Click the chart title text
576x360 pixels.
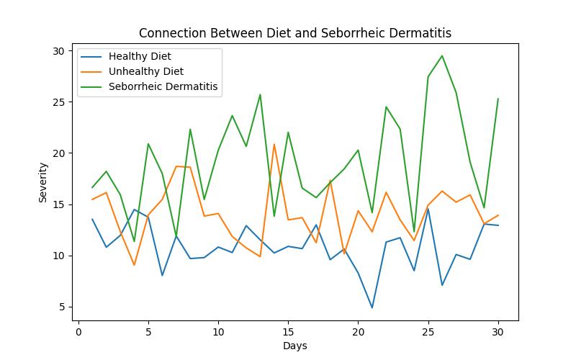[x=295, y=33]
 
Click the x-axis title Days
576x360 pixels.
[x=295, y=346]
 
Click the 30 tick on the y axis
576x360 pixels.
[x=57, y=51]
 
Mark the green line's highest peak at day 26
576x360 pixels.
[x=442, y=55]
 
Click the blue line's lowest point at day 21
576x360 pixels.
[x=372, y=308]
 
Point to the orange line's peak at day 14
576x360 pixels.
[x=274, y=144]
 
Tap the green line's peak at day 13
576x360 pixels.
[x=260, y=94]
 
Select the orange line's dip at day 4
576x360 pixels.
[x=134, y=265]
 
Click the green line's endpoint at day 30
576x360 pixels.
[x=498, y=99]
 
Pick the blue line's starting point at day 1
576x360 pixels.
[x=92, y=220]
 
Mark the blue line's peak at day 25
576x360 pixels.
[x=428, y=209]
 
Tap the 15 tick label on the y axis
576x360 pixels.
[x=57, y=204]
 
